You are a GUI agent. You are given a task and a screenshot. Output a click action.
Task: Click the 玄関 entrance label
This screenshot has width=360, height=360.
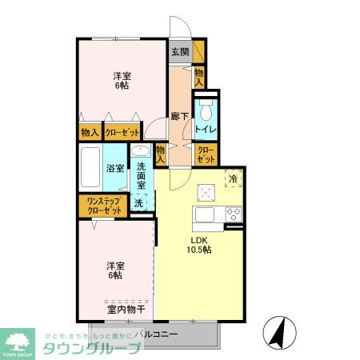(179, 53)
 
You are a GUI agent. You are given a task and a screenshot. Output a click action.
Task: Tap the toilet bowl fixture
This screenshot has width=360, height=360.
(206, 110)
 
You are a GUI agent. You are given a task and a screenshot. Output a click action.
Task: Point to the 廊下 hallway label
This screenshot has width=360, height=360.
(179, 115)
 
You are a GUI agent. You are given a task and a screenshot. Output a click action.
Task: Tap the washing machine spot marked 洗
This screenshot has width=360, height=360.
(138, 203)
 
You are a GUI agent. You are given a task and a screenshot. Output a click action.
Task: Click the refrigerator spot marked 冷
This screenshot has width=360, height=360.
(233, 179)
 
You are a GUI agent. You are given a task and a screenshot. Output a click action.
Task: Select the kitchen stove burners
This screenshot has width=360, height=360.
(234, 214)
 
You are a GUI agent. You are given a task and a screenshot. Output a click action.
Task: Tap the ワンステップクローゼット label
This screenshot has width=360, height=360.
(100, 205)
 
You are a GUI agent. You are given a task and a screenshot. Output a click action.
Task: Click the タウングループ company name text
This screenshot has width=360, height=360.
(92, 346)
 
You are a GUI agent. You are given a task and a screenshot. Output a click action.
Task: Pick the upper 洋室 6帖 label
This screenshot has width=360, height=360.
(122, 82)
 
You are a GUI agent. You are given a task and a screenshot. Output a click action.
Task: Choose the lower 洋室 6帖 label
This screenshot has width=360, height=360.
(115, 270)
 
